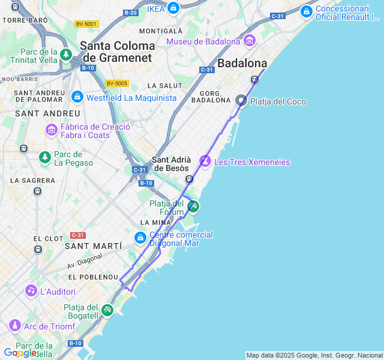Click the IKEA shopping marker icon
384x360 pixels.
pyautogui.click(x=173, y=8)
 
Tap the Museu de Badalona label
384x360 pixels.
pyautogui.click(x=204, y=41)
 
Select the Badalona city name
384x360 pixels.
pyautogui.click(x=242, y=63)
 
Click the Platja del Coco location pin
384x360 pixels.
pyautogui.click(x=241, y=101)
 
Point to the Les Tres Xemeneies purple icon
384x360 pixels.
pyautogui.click(x=205, y=161)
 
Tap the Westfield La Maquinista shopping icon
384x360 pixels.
pyautogui.click(x=77, y=97)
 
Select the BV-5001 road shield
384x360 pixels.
pyautogui.click(x=86, y=24)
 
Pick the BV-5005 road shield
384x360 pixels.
pyautogui.click(x=117, y=83)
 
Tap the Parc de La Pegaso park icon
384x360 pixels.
pyautogui.click(x=45, y=158)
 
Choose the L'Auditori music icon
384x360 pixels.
pyautogui.click(x=31, y=291)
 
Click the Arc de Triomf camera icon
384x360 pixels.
pyautogui.click(x=15, y=326)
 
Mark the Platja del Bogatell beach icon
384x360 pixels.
pyautogui.click(x=107, y=310)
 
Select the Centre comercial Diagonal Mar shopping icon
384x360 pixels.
pyautogui.click(x=140, y=239)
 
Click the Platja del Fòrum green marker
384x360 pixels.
pyautogui.click(x=193, y=206)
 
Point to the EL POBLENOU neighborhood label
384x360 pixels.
pyautogui.click(x=93, y=277)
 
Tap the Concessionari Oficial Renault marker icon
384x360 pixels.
pyautogui.click(x=307, y=11)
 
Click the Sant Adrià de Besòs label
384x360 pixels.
pyautogui.click(x=172, y=164)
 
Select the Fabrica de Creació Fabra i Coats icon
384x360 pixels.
pyautogui.click(x=51, y=130)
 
